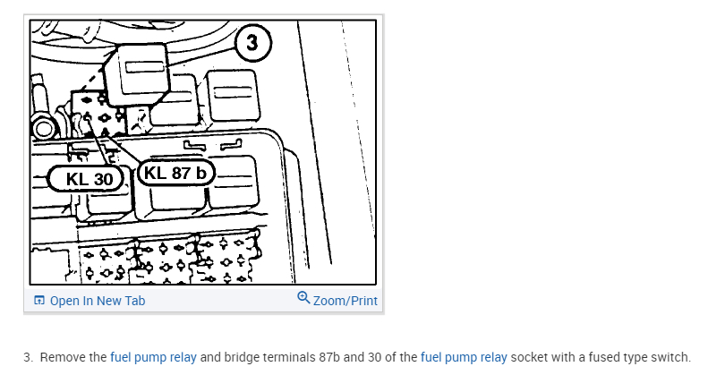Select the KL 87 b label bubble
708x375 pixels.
click(174, 173)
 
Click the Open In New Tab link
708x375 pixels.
click(97, 301)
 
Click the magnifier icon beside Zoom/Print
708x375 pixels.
click(303, 299)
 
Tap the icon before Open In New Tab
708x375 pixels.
click(38, 301)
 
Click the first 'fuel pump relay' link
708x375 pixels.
click(153, 357)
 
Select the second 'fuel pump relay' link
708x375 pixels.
click(463, 357)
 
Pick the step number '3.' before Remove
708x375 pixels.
click(29, 357)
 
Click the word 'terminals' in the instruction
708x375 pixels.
click(288, 357)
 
